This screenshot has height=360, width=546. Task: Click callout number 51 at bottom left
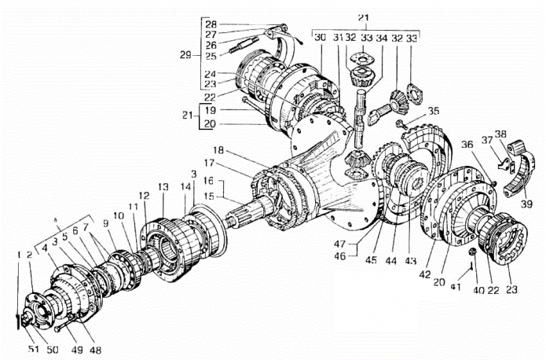pyautogui.click(x=34, y=349)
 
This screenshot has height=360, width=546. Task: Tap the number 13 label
pyautogui.click(x=163, y=187)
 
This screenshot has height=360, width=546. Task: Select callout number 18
pyautogui.click(x=218, y=151)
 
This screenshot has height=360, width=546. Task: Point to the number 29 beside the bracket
pyautogui.click(x=185, y=55)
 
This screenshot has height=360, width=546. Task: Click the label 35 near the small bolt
pyautogui.click(x=434, y=111)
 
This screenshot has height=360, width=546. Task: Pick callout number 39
pyautogui.click(x=526, y=204)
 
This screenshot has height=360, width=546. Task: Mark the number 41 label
pyautogui.click(x=456, y=287)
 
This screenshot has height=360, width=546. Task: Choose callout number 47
pyautogui.click(x=339, y=244)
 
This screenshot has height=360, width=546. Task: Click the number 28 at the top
pyautogui.click(x=211, y=24)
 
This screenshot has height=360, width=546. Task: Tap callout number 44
pyautogui.click(x=391, y=260)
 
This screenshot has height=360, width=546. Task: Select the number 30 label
pyautogui.click(x=320, y=37)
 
